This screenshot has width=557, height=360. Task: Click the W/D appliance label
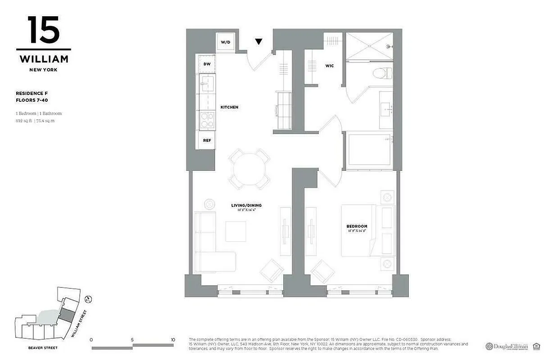coord(225,42)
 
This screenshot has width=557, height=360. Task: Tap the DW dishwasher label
coord(207,64)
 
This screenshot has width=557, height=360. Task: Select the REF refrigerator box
coord(207,140)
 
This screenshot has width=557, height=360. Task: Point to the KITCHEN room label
coord(229,107)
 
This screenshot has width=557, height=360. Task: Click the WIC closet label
coord(330,66)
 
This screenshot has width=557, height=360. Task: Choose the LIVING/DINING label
coord(246,205)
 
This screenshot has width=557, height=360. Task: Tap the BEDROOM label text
coord(357,226)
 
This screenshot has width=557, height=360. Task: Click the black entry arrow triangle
coord(258,42)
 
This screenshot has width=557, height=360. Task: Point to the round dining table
coord(249,168)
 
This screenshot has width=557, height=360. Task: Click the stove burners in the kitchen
coord(207,120)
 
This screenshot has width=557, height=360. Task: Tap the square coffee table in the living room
coord(235,231)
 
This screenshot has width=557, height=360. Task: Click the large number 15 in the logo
coord(43,30)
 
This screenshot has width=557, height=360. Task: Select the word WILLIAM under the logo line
coord(44,59)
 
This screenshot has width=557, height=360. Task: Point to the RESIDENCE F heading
coord(32,93)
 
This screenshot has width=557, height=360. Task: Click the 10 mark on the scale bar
coord(173,340)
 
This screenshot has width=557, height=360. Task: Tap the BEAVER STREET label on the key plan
coord(42,348)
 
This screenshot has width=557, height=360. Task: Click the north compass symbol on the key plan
coord(89,298)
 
